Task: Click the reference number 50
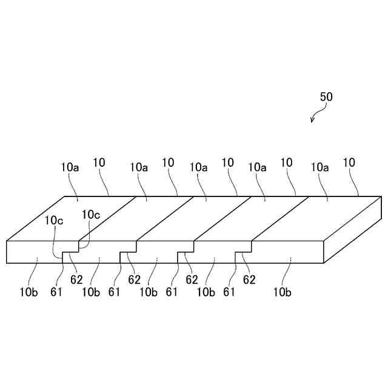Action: point(326,96)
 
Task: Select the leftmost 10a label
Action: point(70,166)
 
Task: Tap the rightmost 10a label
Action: point(320,166)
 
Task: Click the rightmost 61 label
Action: point(229,292)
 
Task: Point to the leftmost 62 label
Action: point(76,279)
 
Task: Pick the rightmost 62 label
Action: point(249,279)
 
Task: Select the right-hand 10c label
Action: point(92,213)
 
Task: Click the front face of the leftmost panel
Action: point(33,251)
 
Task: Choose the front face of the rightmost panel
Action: point(288,251)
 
